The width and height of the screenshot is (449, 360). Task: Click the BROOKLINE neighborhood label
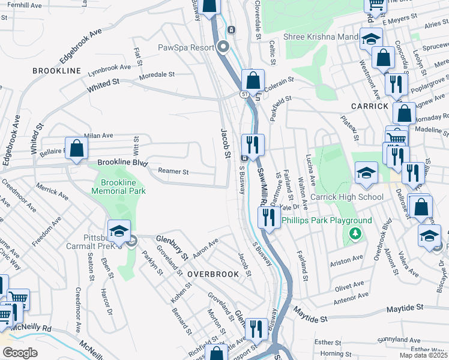point(58,71)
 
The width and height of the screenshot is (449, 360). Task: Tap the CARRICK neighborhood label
point(370,106)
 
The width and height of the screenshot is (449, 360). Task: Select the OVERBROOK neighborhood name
point(212,274)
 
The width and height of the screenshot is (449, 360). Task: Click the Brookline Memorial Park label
point(118,187)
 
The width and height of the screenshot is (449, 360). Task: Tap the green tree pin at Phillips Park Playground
point(355,233)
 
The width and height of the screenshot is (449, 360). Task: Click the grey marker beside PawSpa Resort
point(224,46)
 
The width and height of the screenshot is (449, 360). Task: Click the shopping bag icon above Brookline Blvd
point(77,149)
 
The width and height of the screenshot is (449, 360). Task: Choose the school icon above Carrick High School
point(366,173)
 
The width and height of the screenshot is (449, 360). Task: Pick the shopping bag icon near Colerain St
point(253,80)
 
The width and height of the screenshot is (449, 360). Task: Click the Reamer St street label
point(173,172)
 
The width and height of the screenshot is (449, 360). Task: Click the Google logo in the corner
point(20,353)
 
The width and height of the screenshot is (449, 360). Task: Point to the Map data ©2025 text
point(423,355)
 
